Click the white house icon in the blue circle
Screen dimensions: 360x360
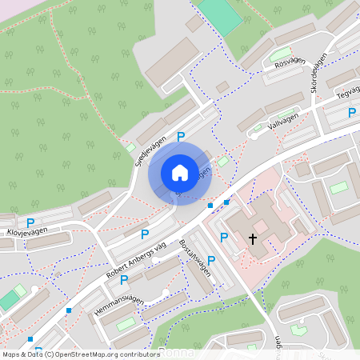(x=180, y=173)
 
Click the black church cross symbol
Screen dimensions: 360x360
(x=253, y=238)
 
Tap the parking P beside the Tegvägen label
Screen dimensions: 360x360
(x=351, y=114)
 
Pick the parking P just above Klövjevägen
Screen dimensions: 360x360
(x=30, y=222)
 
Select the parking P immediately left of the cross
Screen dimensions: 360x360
(x=224, y=238)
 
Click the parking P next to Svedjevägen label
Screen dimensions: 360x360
(x=181, y=138)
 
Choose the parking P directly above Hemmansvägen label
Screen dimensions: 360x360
(x=124, y=280)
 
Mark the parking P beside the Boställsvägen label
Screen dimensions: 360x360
(x=211, y=260)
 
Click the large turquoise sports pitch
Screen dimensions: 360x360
(x=219, y=14)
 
